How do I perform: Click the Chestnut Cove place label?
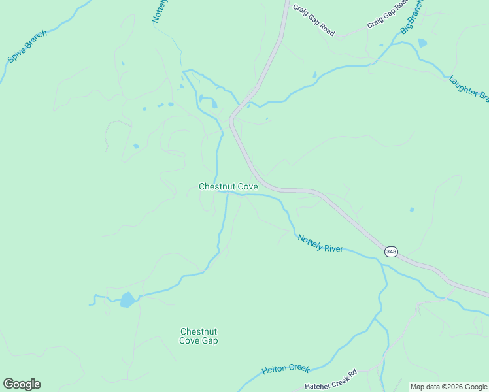(x=228, y=187)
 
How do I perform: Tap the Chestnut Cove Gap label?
(x=199, y=336)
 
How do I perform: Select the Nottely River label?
(x=320, y=243)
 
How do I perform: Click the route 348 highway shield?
(x=390, y=252)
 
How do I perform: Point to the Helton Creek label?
(x=285, y=369)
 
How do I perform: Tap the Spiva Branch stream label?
(x=27, y=45)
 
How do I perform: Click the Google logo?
(x=22, y=384)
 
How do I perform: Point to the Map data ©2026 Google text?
(x=448, y=387)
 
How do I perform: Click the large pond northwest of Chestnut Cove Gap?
(x=127, y=300)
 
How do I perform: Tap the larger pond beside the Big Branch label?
(x=422, y=43)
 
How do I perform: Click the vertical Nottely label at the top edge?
(x=157, y=11)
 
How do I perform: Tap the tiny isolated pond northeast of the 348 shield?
(x=412, y=210)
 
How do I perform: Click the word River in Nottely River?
(x=332, y=246)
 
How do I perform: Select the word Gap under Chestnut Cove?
(x=209, y=341)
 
